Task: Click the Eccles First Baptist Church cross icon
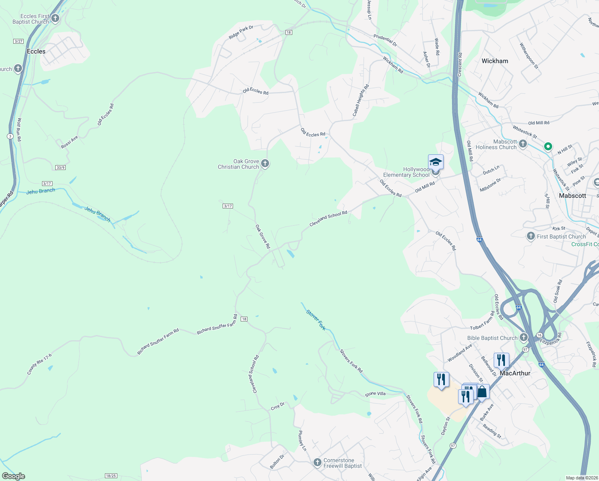pyautogui.click(x=55, y=18)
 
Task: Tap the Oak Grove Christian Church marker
pyautogui.click(x=265, y=163)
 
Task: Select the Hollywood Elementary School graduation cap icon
pyautogui.click(x=436, y=162)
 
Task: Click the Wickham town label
pyautogui.click(x=494, y=61)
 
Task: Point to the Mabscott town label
pyautogui.click(x=572, y=196)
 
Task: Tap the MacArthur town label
pyautogui.click(x=515, y=373)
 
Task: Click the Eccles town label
pyautogui.click(x=36, y=51)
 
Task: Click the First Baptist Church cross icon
pyautogui.click(x=531, y=236)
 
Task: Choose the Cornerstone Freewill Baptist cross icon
pyautogui.click(x=318, y=463)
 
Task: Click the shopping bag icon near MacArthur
pyautogui.click(x=482, y=392)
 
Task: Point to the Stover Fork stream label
pyautogui.click(x=316, y=320)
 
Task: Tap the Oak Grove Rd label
pyautogui.click(x=263, y=236)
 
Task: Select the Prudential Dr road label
pyautogui.click(x=385, y=40)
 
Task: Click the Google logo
pyautogui.click(x=13, y=476)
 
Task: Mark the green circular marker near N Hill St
pyautogui.click(x=548, y=147)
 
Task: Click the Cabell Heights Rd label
pyautogui.click(x=361, y=101)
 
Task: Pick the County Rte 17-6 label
pyautogui.click(x=39, y=364)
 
